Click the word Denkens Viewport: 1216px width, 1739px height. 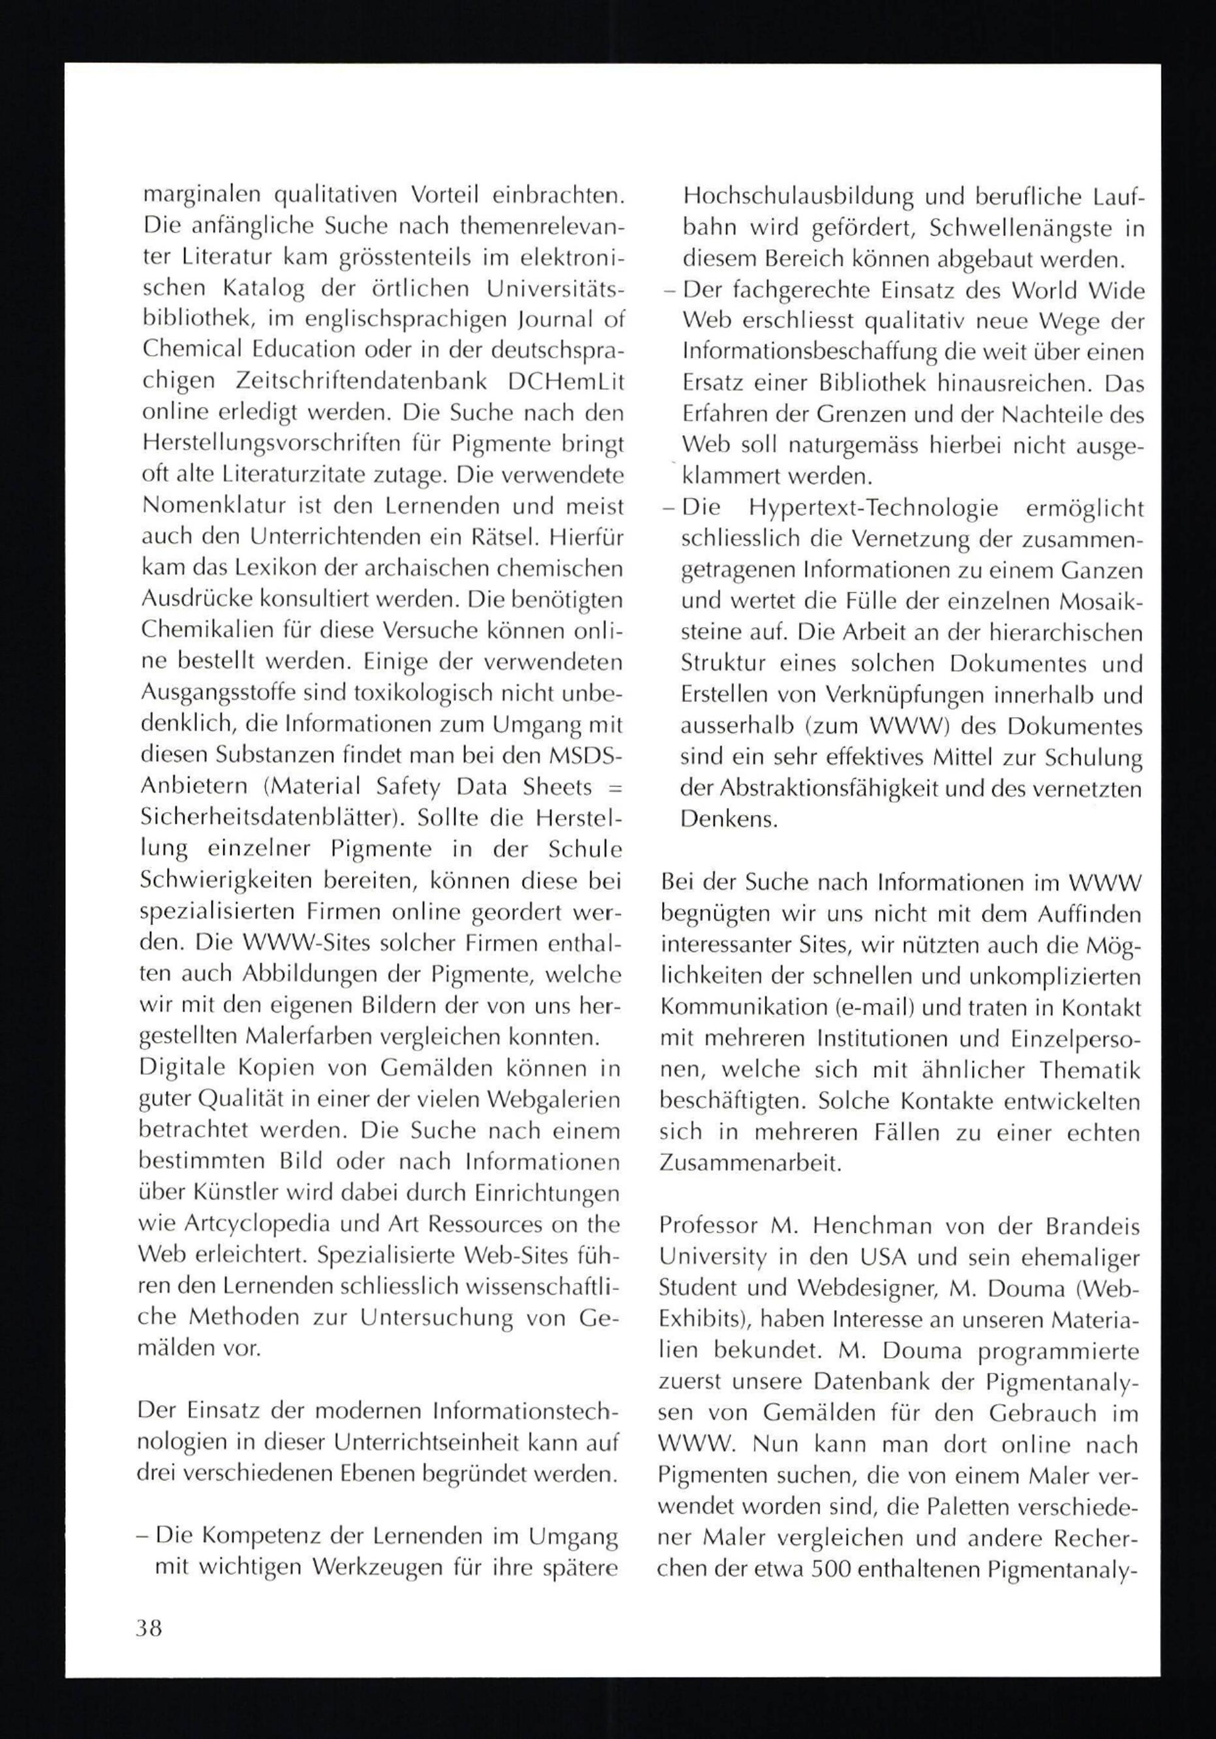(x=728, y=819)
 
